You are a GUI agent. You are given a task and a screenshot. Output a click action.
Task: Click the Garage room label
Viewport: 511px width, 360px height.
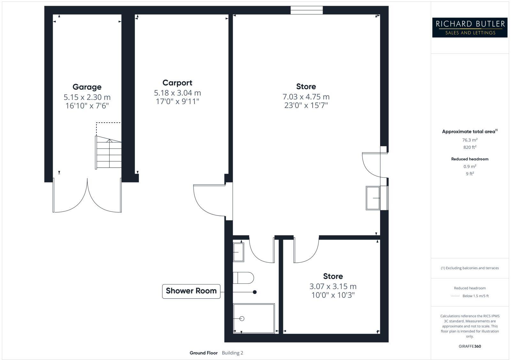coord(87,87)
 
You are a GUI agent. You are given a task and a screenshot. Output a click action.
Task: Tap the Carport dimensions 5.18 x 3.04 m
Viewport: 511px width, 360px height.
coord(177,93)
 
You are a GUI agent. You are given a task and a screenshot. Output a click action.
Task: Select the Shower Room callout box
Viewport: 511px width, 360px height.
coord(191,291)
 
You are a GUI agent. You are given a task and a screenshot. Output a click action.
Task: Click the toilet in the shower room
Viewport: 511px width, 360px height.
coord(243,278)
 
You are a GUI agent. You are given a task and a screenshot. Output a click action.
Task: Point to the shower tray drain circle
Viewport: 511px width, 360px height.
coord(242,319)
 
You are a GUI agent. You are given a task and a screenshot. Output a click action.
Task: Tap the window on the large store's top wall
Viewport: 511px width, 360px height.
coord(307,11)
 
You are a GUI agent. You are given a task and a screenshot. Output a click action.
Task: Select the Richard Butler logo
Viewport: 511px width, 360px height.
coord(470,27)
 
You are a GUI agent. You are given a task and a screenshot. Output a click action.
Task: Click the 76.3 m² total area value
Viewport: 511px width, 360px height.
coord(469,140)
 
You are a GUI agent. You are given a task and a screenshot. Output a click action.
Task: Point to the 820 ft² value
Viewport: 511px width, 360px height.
coord(469,147)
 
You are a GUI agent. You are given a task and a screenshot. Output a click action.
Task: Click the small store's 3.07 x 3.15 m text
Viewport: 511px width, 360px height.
coord(333,287)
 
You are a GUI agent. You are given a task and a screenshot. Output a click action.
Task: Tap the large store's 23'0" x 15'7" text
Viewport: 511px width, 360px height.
coord(306,105)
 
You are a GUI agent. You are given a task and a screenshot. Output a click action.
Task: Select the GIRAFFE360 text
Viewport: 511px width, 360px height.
coord(469,346)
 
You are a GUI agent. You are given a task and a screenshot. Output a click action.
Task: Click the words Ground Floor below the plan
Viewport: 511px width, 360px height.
coord(203,353)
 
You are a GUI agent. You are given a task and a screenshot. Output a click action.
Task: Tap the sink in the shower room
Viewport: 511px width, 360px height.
coord(238,252)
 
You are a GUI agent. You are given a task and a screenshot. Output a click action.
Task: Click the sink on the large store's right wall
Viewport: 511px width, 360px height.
coord(373,198)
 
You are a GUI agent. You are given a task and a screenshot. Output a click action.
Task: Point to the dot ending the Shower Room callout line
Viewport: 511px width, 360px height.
coord(255,292)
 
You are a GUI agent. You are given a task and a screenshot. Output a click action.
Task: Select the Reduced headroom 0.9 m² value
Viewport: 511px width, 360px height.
coord(469,166)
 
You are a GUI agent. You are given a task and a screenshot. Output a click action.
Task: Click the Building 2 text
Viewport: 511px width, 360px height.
coord(233,353)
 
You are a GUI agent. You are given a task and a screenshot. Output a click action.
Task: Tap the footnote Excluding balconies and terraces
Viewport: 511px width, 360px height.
coord(469,268)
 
